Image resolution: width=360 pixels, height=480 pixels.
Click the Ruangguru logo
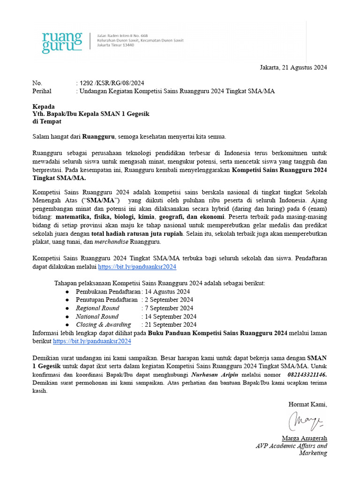coord(61,42)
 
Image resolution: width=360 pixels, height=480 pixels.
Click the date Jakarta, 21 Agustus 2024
coord(293,67)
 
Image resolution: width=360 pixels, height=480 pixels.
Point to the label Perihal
coord(42,91)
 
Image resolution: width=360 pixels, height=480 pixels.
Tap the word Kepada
coord(43,106)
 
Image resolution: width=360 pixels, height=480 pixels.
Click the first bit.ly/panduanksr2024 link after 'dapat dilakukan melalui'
coord(137,267)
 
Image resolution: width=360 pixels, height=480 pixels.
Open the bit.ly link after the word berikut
coord(92,341)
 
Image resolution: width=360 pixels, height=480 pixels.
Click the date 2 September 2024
coord(169,300)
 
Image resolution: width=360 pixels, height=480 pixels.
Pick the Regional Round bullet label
coord(97,308)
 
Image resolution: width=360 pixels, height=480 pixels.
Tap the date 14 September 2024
coord(171,316)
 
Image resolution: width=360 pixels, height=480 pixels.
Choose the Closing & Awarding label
coord(104,324)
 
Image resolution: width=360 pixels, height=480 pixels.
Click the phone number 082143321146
coord(307,375)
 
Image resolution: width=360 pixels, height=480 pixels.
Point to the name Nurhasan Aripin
coord(215,375)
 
